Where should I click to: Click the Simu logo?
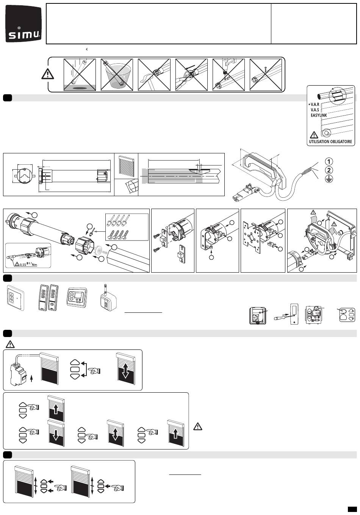[x=24, y=24]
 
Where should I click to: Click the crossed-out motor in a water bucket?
[x=117, y=75]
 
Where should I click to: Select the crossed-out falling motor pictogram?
[x=80, y=75]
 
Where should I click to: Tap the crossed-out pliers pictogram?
[x=191, y=75]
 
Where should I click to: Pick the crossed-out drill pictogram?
[x=229, y=75]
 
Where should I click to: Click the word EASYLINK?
[x=319, y=115]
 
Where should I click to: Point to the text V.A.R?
[x=315, y=105]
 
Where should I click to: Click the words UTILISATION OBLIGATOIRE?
[x=330, y=142]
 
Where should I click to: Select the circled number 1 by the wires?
[x=329, y=162]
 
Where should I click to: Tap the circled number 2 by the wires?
[x=329, y=170]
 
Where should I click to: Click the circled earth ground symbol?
[x=329, y=179]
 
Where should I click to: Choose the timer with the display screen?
[x=77, y=298]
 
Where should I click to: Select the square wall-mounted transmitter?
[x=15, y=298]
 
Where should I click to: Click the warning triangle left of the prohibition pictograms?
[x=48, y=74]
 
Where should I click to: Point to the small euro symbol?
[x=87, y=49]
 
